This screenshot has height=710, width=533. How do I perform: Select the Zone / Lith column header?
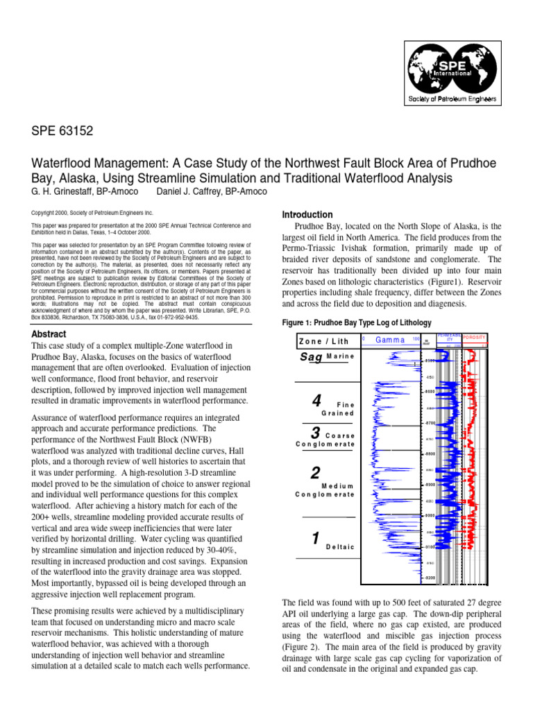(x=324, y=340)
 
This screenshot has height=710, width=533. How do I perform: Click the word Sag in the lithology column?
(x=310, y=356)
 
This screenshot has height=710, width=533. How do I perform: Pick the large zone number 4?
(x=316, y=401)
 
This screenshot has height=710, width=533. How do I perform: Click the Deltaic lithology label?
(x=339, y=547)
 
